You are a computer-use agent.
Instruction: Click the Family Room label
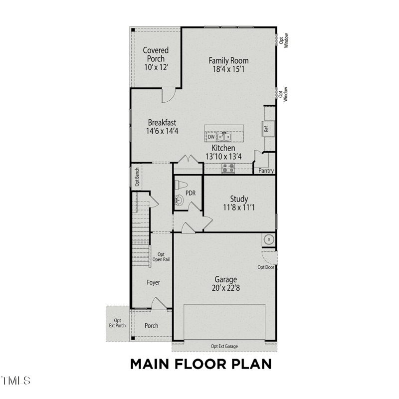pos(228,60)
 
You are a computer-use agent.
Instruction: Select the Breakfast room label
pos(162,122)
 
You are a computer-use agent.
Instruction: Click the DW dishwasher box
pos(211,137)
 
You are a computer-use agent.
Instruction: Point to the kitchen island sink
pos(223,137)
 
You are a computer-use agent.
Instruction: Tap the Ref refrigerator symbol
pos(267,129)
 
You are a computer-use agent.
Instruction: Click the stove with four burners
pos(228,168)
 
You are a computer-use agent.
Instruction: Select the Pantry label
pos(266,171)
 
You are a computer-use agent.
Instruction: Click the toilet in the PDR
pos(181,185)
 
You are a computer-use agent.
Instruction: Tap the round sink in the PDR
pos(179,200)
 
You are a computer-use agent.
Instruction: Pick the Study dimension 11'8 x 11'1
pos(239,207)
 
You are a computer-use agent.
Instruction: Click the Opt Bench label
pos(137,177)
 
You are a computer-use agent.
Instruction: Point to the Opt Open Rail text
pos(161,257)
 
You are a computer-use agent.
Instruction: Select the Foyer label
pos(153,282)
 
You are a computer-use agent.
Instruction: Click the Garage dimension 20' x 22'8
pos(226,288)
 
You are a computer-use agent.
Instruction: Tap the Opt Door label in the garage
pos(266,267)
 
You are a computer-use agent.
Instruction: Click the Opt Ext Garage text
pos(224,346)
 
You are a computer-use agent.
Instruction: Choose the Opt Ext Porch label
pos(117,323)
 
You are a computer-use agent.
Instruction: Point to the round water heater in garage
pos(269,240)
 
